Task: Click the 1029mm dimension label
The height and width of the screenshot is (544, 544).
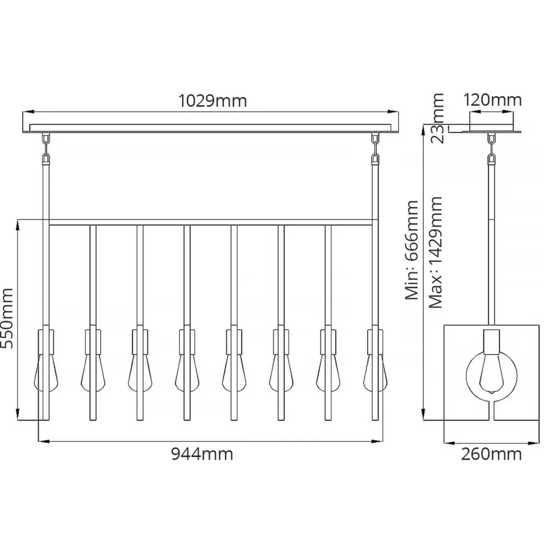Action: pos(213,101)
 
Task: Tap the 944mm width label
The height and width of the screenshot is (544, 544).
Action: pos(202,454)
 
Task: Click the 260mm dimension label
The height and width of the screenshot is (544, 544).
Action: pos(492,454)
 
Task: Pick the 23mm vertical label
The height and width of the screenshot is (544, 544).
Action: pos(437,118)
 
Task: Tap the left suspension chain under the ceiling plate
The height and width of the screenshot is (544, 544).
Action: pos(46,149)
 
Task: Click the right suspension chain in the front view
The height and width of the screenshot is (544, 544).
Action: pos(375,149)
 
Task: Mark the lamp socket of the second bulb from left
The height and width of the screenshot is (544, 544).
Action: pos(92,342)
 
